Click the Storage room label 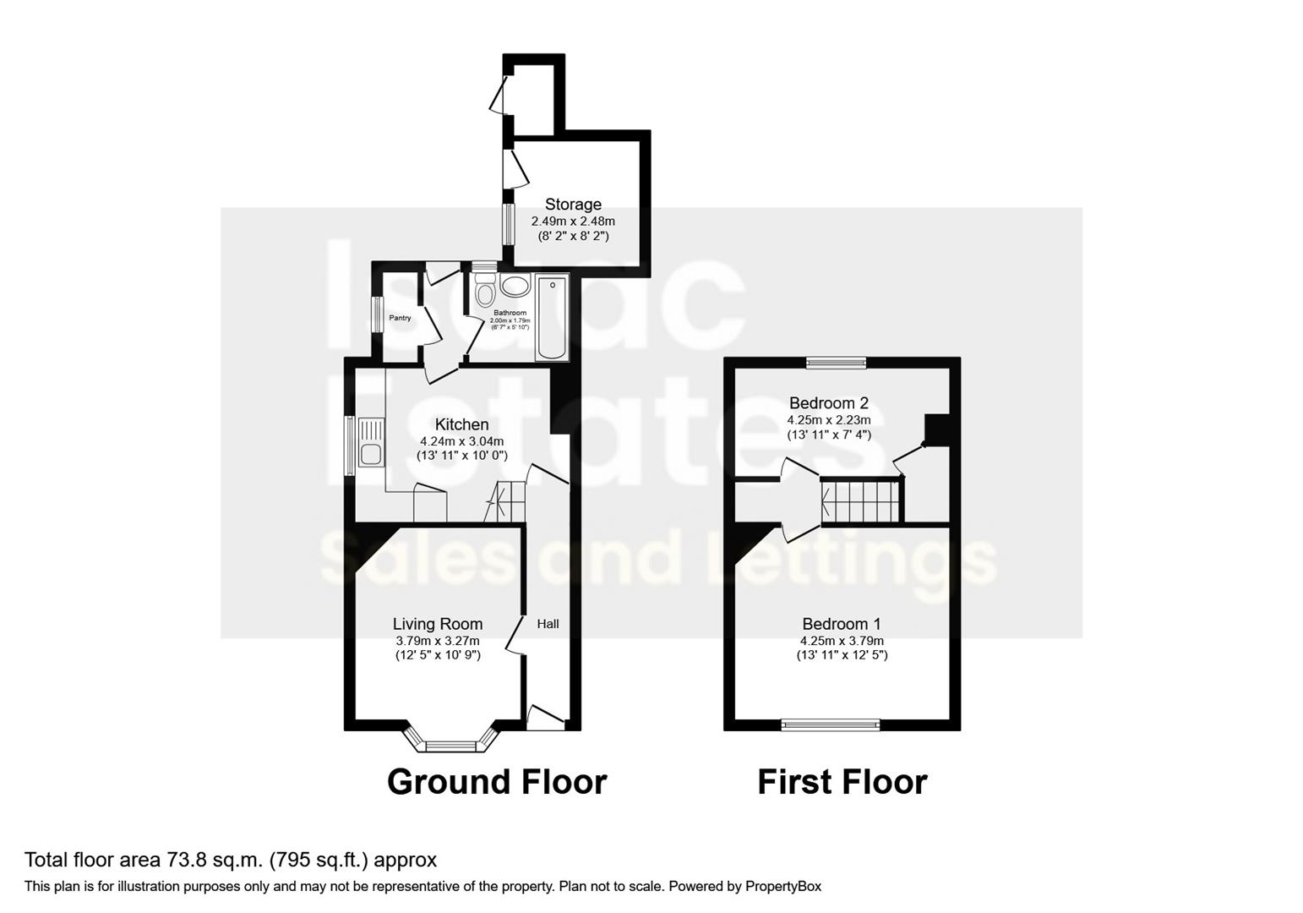pyautogui.click(x=573, y=204)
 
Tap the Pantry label pyautogui.click(x=400, y=318)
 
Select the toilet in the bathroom pyautogui.click(x=484, y=292)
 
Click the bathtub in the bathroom pyautogui.click(x=553, y=317)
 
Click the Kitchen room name pyautogui.click(x=461, y=424)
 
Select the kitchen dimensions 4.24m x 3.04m pyautogui.click(x=461, y=440)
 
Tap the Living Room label pyautogui.click(x=438, y=624)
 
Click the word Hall pyautogui.click(x=548, y=624)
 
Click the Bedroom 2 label pyautogui.click(x=828, y=403)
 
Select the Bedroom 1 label pyautogui.click(x=842, y=624)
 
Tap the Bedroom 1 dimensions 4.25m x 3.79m pyautogui.click(x=842, y=640)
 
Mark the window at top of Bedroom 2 pyautogui.click(x=836, y=363)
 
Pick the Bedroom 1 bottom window pyautogui.click(x=830, y=724)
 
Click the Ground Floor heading pyautogui.click(x=497, y=782)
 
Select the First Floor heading pyautogui.click(x=842, y=782)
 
